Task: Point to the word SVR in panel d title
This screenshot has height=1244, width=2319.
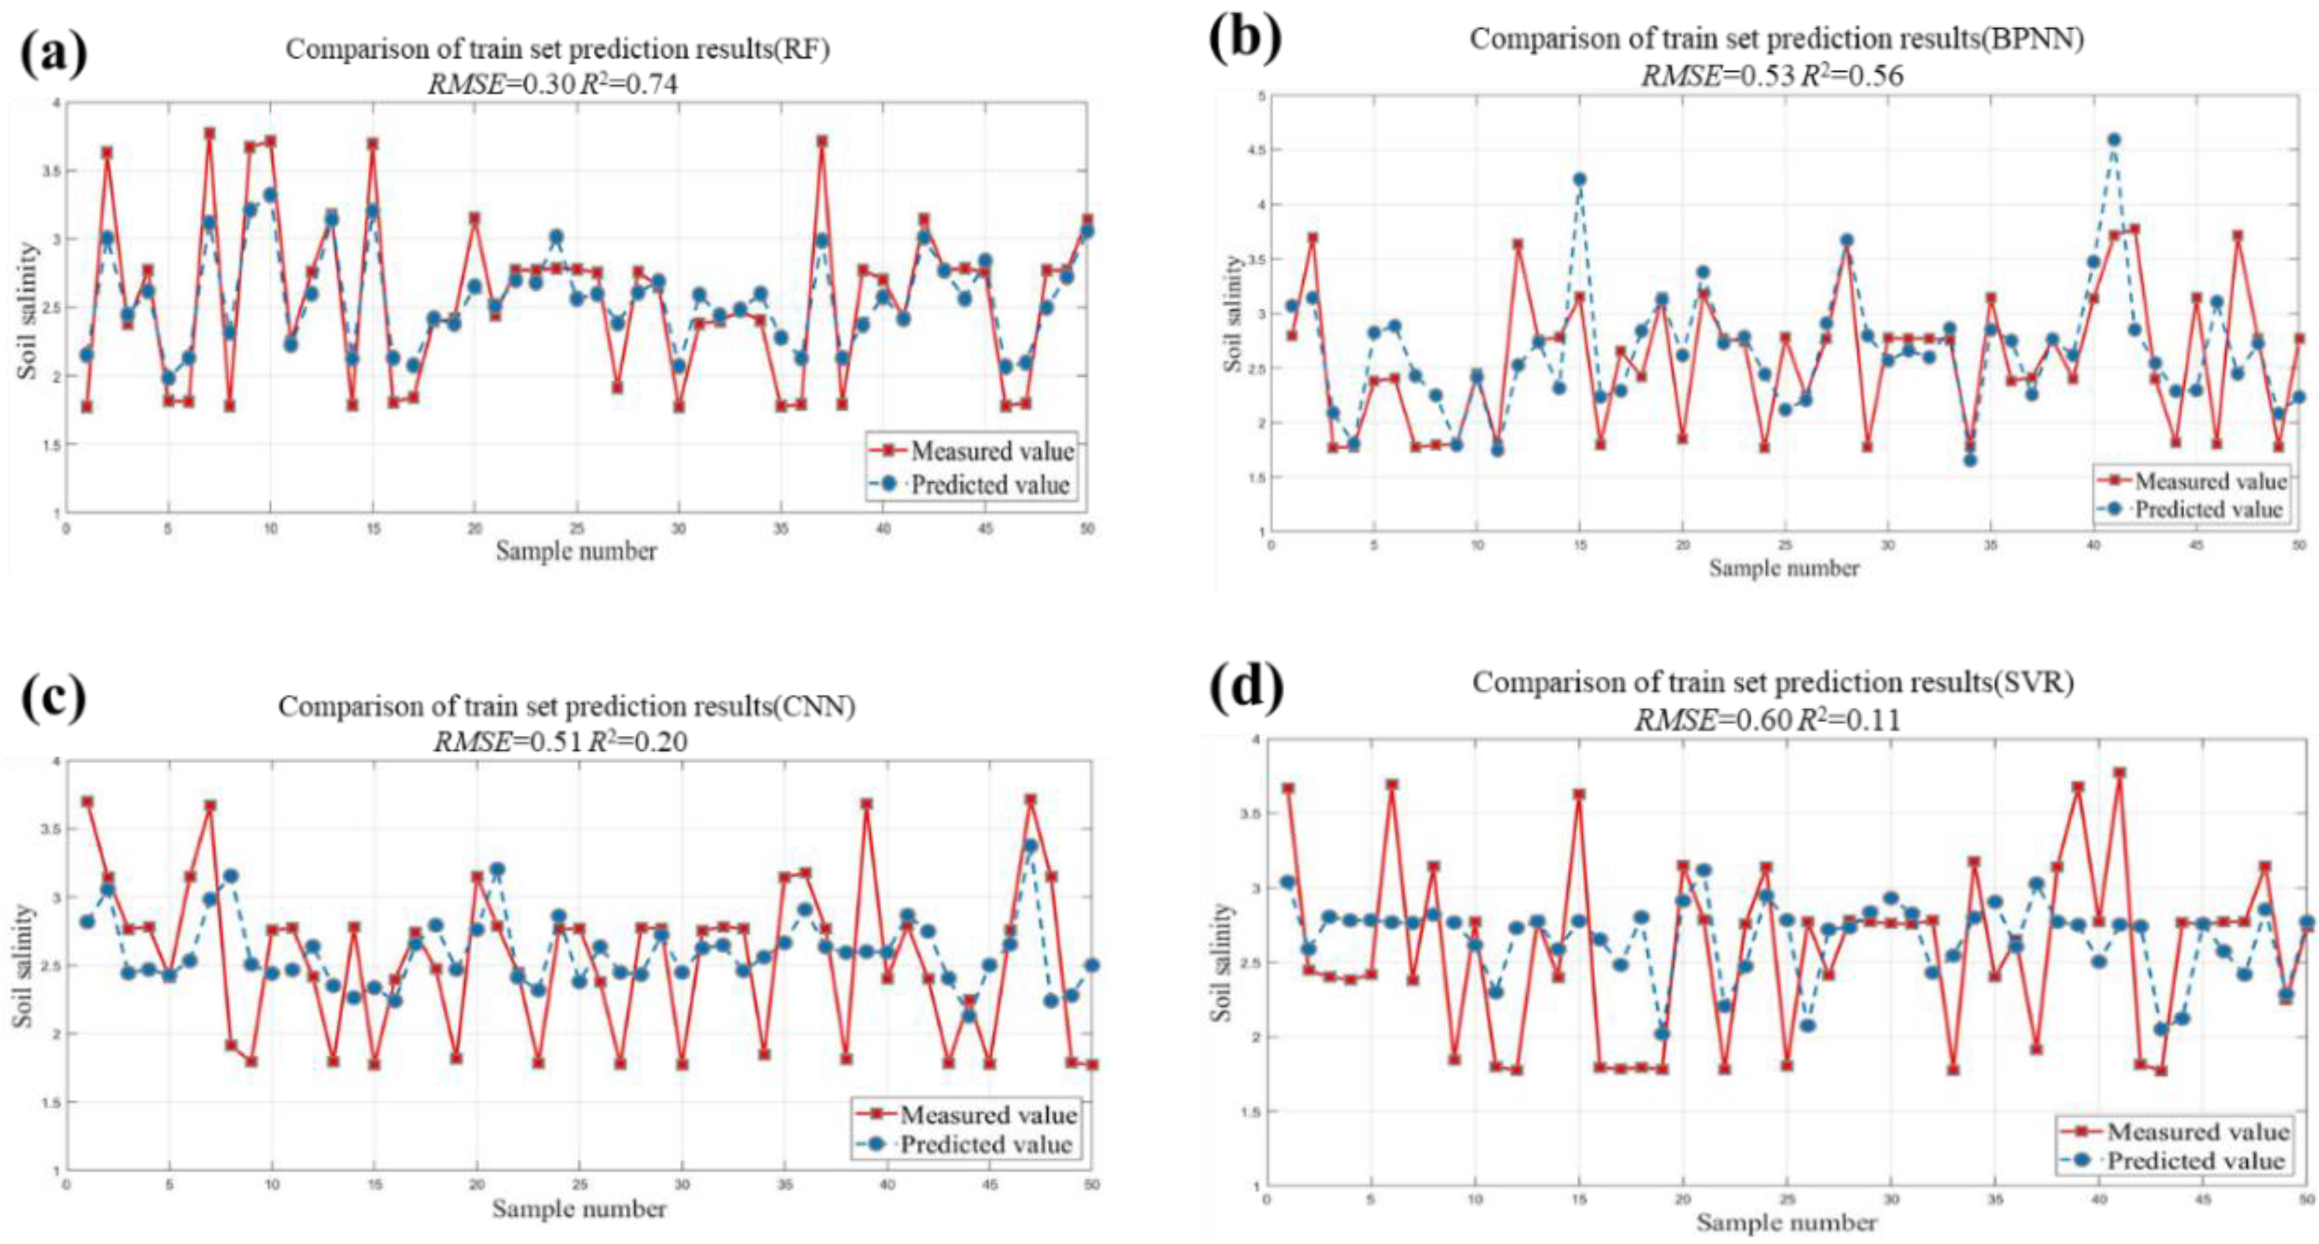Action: (x=2043, y=683)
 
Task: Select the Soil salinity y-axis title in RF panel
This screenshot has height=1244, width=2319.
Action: (x=29, y=310)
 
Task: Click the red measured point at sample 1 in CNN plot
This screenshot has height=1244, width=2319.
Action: (x=86, y=801)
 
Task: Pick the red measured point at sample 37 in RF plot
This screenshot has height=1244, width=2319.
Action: (x=821, y=142)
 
